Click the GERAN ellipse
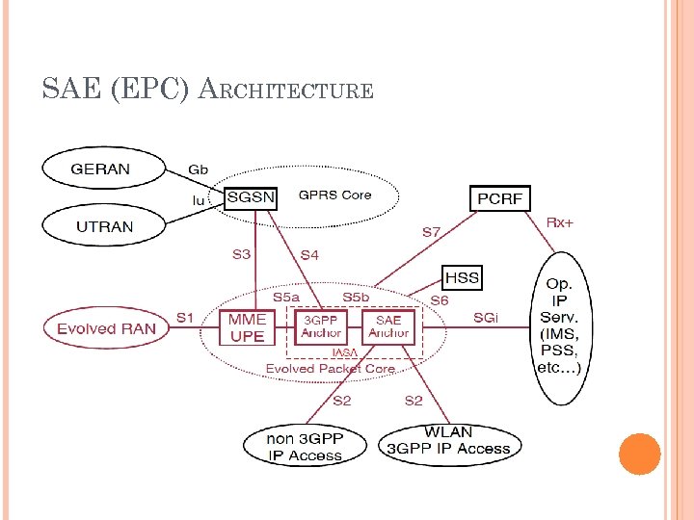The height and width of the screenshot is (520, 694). click(x=100, y=169)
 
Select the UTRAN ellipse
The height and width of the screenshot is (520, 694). click(x=100, y=227)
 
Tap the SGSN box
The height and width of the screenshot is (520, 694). click(x=250, y=198)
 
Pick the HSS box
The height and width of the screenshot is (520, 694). click(x=462, y=278)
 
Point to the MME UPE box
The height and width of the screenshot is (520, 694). click(x=248, y=328)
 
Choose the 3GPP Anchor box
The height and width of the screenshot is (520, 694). click(x=321, y=327)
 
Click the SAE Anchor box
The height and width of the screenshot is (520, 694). click(x=388, y=327)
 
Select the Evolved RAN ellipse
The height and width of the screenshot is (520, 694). click(x=105, y=328)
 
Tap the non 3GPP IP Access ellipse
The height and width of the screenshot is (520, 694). click(x=305, y=446)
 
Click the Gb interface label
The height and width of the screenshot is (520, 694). click(x=198, y=169)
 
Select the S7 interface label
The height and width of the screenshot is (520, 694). click(x=432, y=232)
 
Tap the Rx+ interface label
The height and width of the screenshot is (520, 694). click(x=560, y=222)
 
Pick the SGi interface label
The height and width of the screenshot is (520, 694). click(x=486, y=317)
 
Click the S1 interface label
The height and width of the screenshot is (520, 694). click(x=184, y=317)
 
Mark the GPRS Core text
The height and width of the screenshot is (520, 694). click(x=334, y=195)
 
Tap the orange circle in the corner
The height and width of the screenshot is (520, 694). click(x=639, y=454)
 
